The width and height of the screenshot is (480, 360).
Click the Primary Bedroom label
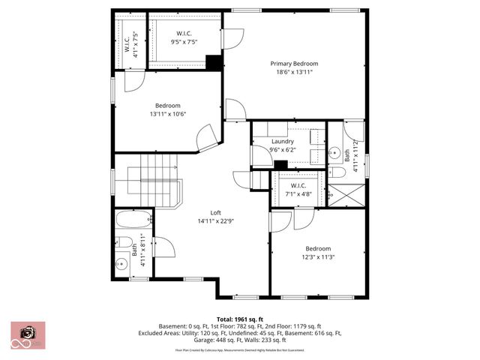click(295, 63)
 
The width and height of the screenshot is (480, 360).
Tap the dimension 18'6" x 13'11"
click(295, 72)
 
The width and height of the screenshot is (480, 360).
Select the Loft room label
click(214, 213)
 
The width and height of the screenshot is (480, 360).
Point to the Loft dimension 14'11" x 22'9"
click(214, 221)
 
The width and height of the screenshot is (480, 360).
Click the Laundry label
click(282, 141)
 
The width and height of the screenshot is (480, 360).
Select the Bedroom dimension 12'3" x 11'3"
click(317, 256)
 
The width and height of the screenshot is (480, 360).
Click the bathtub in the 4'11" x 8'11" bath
click(136, 222)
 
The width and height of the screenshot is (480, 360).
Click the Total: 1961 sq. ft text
click(239, 319)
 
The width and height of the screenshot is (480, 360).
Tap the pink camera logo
click(28, 334)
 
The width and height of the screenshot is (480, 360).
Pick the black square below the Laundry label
click(281, 165)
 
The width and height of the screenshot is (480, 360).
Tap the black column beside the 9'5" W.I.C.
click(213, 63)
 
